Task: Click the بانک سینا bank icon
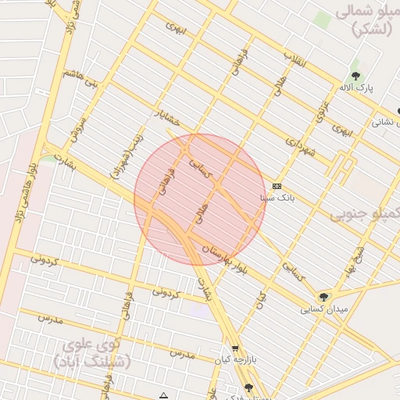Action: tap(277, 186)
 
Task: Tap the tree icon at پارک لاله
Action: tap(355, 77)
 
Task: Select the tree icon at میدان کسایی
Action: tap(323, 297)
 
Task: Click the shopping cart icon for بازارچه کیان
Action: tap(234, 348)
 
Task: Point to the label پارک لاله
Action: tap(355, 88)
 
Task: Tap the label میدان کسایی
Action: tap(323, 309)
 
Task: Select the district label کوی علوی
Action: tap(92, 348)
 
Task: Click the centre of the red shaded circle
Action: tap(200, 199)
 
